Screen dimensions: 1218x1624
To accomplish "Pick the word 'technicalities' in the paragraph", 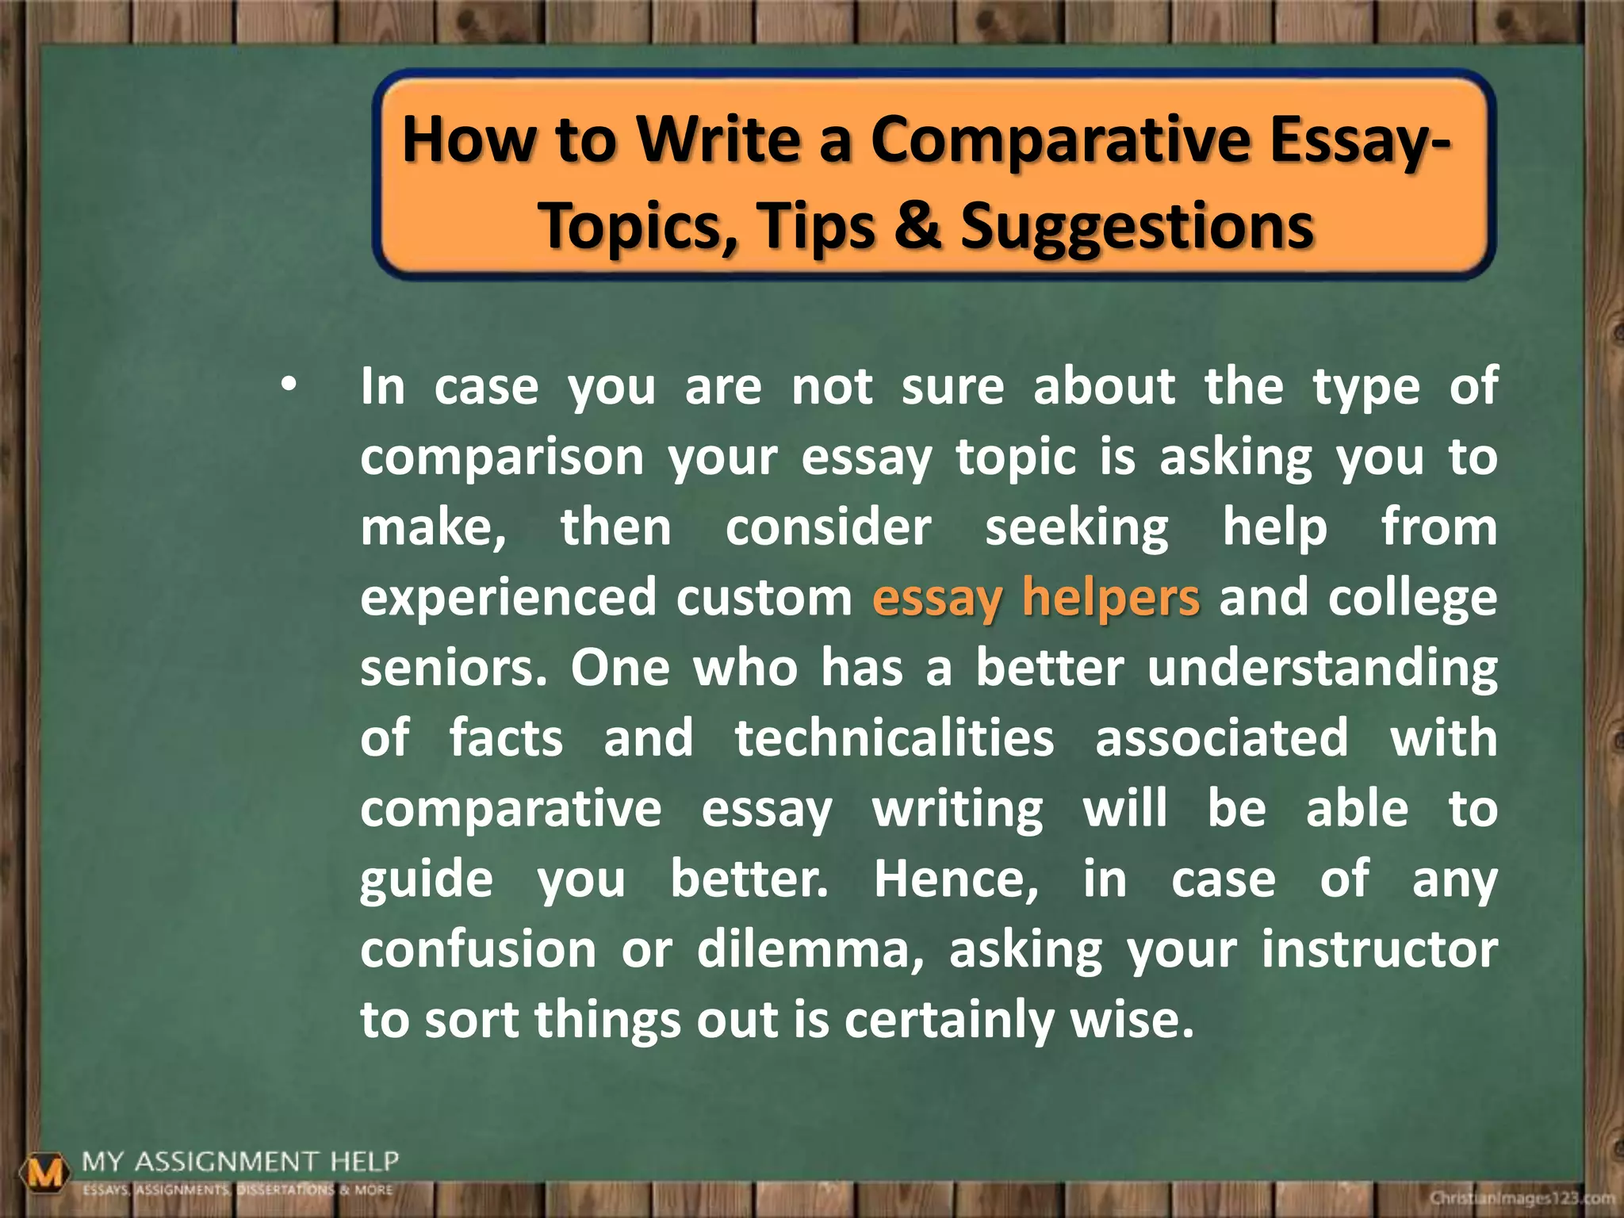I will click(x=894, y=738).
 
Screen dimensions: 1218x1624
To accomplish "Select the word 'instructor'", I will click(x=1379, y=950).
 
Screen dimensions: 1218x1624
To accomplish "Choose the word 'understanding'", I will click(x=1322, y=668).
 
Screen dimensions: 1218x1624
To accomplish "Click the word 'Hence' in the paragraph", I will click(x=955, y=879).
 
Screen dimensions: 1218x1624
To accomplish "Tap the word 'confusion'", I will click(x=478, y=950).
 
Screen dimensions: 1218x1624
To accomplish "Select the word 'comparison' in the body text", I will click(x=502, y=458).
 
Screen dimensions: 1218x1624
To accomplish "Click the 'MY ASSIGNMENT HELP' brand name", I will click(x=240, y=1162).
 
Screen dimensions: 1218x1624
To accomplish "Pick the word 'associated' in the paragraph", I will click(x=1221, y=738).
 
